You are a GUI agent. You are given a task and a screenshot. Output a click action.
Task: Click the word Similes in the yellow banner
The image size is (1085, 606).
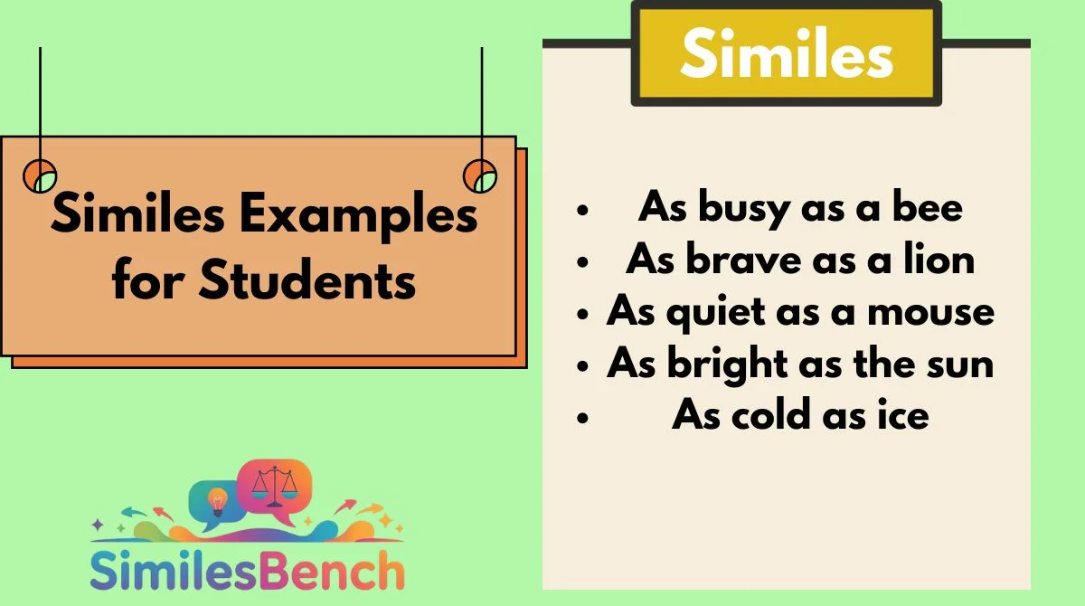pyautogui.click(x=787, y=52)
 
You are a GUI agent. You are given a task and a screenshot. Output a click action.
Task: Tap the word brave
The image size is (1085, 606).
pyautogui.click(x=743, y=260)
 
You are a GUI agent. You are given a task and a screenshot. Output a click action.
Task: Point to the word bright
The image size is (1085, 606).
pyautogui.click(x=728, y=365)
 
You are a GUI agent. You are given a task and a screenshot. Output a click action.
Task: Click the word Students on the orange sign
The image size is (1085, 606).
pyautogui.click(x=307, y=279)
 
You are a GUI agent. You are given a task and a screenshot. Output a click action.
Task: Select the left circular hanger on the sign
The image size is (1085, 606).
pyautogui.click(x=40, y=175)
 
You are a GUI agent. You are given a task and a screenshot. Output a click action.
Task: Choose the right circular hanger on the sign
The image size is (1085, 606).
pyautogui.click(x=480, y=175)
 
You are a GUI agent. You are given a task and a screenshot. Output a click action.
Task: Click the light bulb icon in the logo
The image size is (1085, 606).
pyautogui.click(x=217, y=501)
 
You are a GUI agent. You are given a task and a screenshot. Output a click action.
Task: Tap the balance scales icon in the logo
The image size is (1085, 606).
pyautogui.click(x=275, y=486)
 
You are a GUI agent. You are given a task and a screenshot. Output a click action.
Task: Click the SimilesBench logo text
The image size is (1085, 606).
pyautogui.click(x=247, y=570)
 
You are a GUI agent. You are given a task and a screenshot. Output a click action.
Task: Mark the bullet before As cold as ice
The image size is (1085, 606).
pyautogui.click(x=582, y=417)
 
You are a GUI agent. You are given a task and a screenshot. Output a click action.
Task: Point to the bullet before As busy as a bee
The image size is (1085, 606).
pyautogui.click(x=582, y=210)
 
